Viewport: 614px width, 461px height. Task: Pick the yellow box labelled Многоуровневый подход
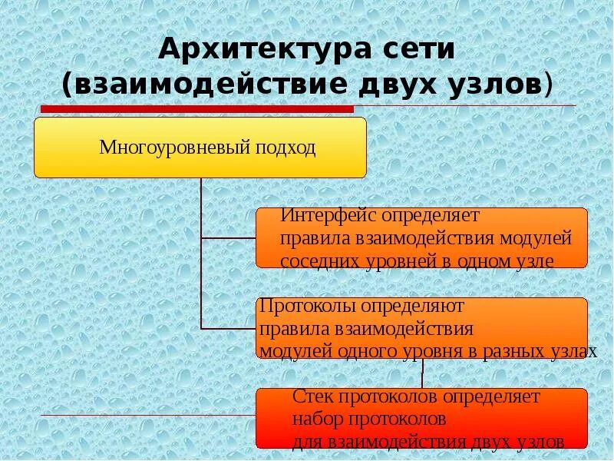tap(200, 148)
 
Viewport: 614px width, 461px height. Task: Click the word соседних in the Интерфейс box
tap(316, 260)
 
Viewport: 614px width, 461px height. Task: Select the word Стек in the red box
tap(310, 397)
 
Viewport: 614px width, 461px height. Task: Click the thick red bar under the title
tap(196, 109)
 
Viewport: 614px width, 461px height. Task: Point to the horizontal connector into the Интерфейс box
tap(228, 239)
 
